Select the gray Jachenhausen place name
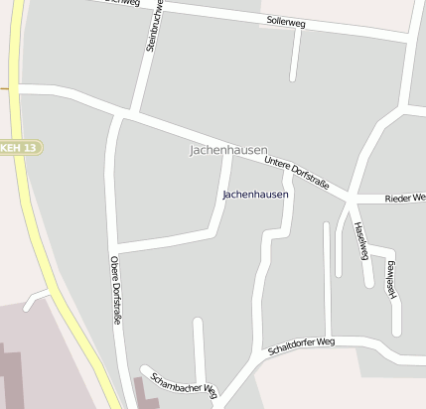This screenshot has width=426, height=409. (227, 150)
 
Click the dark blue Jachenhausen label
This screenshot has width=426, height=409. (255, 195)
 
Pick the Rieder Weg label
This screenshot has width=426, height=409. (405, 199)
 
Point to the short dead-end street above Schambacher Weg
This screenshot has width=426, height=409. (200, 347)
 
